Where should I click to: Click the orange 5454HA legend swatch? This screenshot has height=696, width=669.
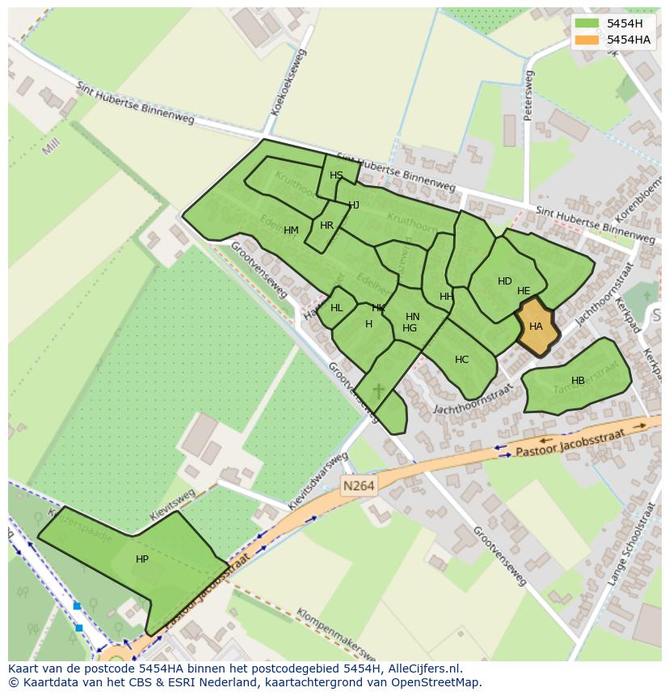587,40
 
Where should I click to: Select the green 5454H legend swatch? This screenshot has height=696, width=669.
587,23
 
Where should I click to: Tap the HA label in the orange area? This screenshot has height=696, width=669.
536,327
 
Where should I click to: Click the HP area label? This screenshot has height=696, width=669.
142,559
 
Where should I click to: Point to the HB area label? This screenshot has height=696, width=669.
578,381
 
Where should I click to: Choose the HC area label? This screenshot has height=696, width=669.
461,360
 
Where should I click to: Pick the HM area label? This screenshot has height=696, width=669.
291,230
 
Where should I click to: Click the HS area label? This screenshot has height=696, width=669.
336,175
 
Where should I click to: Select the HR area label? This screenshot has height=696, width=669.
326,226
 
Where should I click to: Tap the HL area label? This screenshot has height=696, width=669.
336,308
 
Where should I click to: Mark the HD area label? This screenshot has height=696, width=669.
504,281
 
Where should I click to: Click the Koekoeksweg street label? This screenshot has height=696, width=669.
290,82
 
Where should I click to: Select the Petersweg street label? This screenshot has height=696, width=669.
528,95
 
